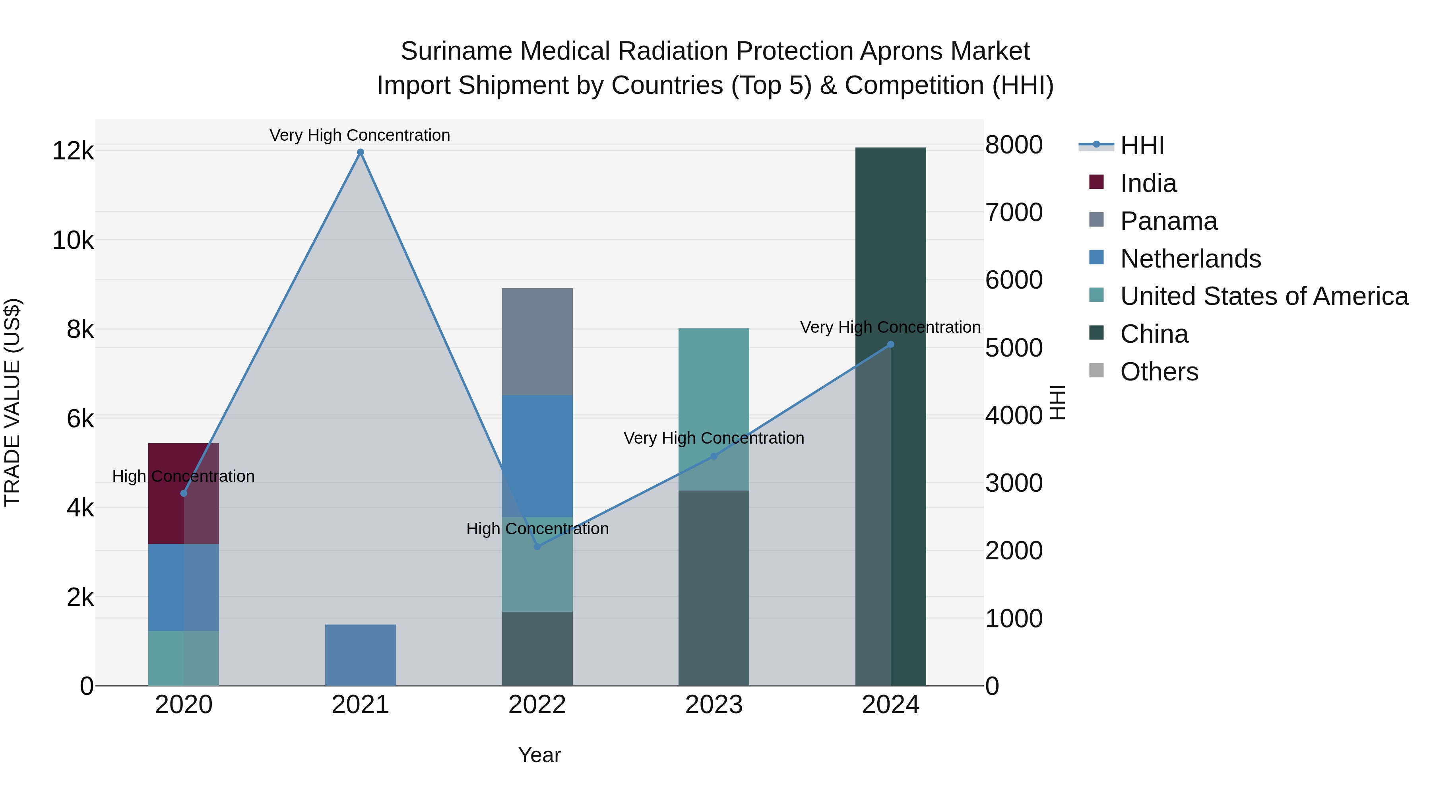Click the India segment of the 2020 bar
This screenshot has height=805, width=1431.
[x=183, y=493]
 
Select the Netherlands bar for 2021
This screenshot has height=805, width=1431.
[x=360, y=655]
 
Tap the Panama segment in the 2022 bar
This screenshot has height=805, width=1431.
[x=537, y=341]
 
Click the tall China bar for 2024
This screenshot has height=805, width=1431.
[x=890, y=417]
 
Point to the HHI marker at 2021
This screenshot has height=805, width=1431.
[x=360, y=152]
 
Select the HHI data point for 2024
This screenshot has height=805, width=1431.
[x=890, y=344]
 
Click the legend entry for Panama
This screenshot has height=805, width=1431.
[x=1168, y=221]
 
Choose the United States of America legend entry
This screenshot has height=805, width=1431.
[x=1264, y=296]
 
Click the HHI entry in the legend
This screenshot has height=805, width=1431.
[x=1142, y=145]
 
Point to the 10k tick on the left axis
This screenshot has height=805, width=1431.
[x=73, y=241]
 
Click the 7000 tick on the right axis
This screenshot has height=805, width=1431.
[x=1014, y=212]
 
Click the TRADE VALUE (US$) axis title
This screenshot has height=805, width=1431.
[x=12, y=402]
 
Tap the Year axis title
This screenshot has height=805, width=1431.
[x=539, y=755]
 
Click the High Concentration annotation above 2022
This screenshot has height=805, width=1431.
[x=537, y=528]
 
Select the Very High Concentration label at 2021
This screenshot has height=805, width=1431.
[x=360, y=135]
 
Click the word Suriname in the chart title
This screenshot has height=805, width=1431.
[x=456, y=51]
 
